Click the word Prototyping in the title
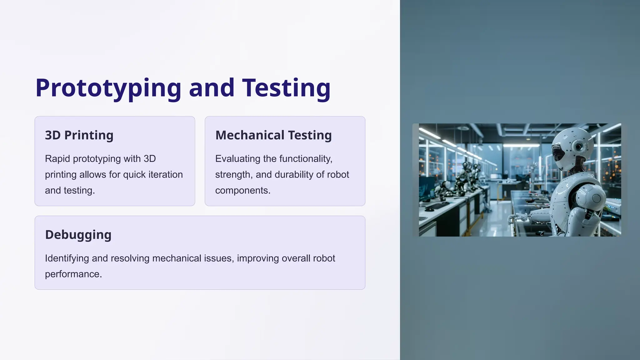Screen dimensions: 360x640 (x=108, y=88)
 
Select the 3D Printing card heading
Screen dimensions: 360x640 (x=79, y=135)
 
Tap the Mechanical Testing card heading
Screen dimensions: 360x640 (x=273, y=135)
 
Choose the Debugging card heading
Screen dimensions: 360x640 (x=78, y=235)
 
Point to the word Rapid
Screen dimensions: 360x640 (x=57, y=159)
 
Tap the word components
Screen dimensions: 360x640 (x=242, y=190)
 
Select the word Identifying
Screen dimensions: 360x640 (x=67, y=258)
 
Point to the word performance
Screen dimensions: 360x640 (x=73, y=274)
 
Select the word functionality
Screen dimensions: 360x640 (x=305, y=159)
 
